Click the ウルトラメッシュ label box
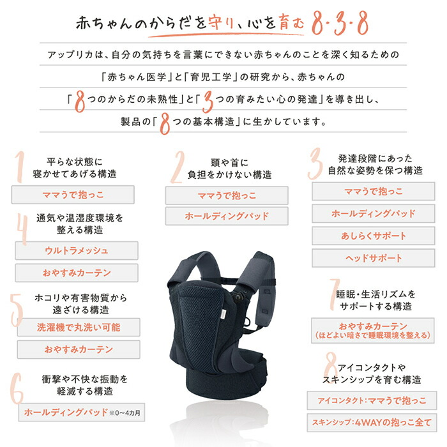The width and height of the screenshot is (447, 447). click(77, 250)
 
